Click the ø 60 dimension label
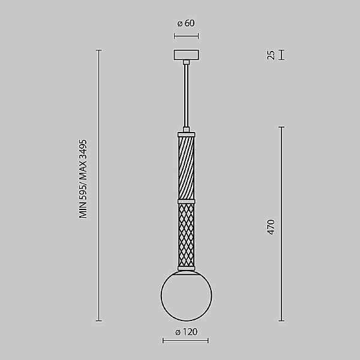tap(186, 23)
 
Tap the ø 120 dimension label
tap(186, 332)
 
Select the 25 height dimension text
tap(271, 55)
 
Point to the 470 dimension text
tap(271, 227)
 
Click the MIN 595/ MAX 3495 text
tap(83, 179)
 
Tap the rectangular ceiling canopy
tap(186, 55)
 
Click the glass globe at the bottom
tap(186, 295)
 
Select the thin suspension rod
tap(186, 95)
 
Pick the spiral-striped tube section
tap(186, 168)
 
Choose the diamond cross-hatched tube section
tap(186, 235)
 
